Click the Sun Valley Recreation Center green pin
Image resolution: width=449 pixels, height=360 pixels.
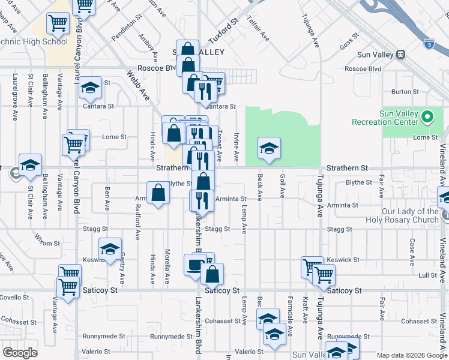(427, 116)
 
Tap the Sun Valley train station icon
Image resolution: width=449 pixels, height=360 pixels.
(400, 55)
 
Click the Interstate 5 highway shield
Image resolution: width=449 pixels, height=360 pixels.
(428, 44)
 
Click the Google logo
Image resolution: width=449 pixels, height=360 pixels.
(20, 353)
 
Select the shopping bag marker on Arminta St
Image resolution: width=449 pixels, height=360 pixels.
(158, 193)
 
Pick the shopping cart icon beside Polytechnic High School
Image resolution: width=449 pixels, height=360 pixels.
(58, 24)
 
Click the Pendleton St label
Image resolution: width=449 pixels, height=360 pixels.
(125, 38)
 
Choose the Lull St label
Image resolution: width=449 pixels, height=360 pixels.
(427, 275)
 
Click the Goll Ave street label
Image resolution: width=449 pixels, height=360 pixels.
(282, 186)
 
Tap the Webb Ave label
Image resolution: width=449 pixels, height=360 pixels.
(137, 85)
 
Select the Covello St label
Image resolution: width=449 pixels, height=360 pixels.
(14, 298)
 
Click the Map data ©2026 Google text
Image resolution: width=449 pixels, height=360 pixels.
(412, 355)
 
